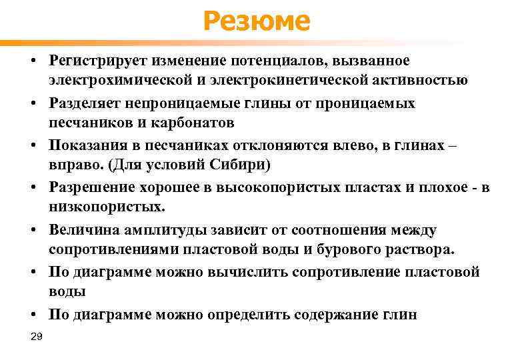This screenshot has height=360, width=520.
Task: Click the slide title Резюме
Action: point(257,21)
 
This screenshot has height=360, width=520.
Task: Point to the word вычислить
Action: point(262,273)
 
